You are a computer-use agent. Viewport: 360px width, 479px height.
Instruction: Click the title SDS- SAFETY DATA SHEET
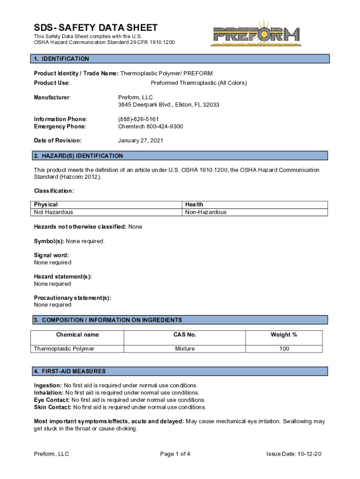pos(95,28)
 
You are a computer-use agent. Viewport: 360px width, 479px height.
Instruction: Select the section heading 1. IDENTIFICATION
pos(61,59)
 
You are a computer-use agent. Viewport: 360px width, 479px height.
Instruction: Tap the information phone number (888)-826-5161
pos(138,119)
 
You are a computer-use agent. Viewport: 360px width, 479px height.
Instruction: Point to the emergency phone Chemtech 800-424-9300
pos(150,127)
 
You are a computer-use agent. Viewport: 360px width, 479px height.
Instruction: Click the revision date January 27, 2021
pos(140,140)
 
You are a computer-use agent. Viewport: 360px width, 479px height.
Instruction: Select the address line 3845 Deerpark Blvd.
pos(169,105)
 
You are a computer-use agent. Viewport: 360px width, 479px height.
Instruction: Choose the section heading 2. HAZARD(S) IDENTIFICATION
pos(79,156)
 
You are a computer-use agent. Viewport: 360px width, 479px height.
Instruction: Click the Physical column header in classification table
pos(46,204)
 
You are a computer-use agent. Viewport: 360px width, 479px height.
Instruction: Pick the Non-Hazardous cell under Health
pos(206,212)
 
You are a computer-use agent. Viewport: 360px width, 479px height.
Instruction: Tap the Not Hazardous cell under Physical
pos(53,212)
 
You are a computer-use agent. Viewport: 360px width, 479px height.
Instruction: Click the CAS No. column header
pos(185,335)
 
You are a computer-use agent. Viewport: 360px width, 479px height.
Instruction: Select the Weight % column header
pos(284,335)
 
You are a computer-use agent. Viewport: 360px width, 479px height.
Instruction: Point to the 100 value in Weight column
pos(284,349)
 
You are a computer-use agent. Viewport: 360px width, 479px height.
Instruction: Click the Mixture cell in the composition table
pos(185,349)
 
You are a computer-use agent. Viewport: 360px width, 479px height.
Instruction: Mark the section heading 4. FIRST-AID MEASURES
pos(70,371)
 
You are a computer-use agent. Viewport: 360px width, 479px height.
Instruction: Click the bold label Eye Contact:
pos(51,400)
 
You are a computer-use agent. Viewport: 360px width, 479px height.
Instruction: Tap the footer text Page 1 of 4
pos(175,454)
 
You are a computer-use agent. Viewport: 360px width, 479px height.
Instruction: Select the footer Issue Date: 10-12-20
pos(294,454)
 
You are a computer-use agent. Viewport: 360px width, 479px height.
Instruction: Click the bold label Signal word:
pos(51,255)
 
